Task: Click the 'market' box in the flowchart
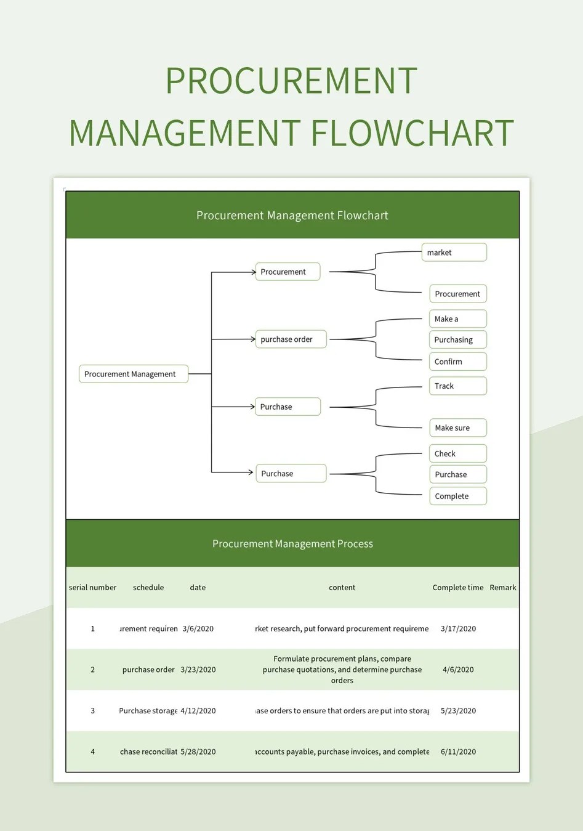click(x=454, y=253)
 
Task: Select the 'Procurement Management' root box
click(x=133, y=374)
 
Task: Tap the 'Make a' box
click(x=457, y=319)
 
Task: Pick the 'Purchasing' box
click(x=457, y=340)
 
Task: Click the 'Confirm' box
click(x=457, y=362)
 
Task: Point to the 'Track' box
click(x=457, y=386)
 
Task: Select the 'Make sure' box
click(x=457, y=428)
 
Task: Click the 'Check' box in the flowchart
click(x=457, y=454)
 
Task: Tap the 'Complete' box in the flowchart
click(x=457, y=497)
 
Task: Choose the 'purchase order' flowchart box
click(x=290, y=339)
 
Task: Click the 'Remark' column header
click(x=503, y=588)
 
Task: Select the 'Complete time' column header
click(x=457, y=588)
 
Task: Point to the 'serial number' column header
click(x=92, y=588)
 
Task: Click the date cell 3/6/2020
click(x=198, y=629)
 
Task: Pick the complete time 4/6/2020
click(x=458, y=670)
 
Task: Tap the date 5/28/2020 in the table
click(x=198, y=752)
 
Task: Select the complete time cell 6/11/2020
click(x=458, y=752)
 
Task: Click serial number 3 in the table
click(x=93, y=711)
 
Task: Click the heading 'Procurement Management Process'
click(x=292, y=544)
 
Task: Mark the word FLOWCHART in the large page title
click(x=412, y=133)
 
